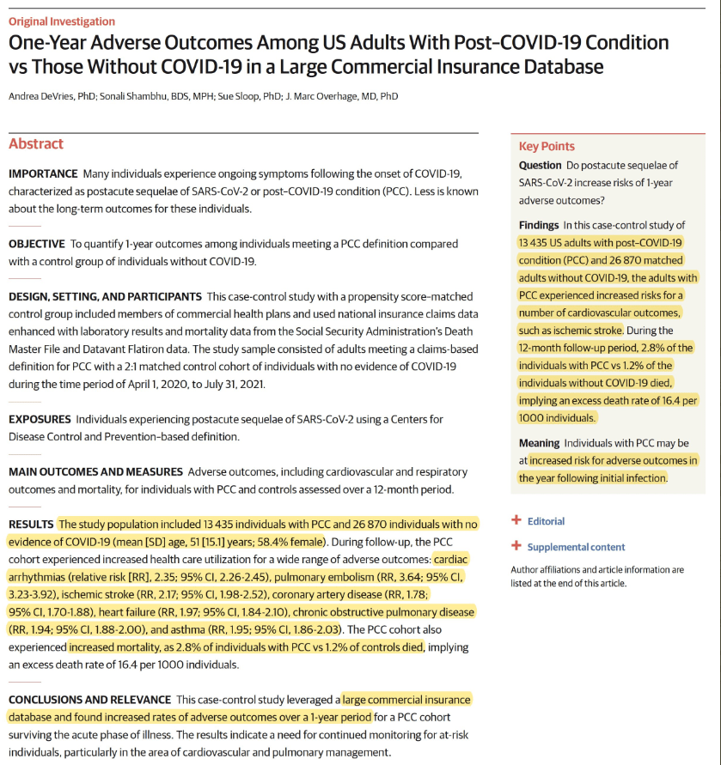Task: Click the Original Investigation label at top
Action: (x=61, y=21)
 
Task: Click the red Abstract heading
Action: (x=35, y=144)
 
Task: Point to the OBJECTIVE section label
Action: (x=36, y=245)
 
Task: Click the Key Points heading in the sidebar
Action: (x=547, y=147)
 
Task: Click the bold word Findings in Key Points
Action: (x=540, y=225)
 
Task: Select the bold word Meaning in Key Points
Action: (x=539, y=443)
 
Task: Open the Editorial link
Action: (x=546, y=521)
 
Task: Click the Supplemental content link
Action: (x=576, y=547)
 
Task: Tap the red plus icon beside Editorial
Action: (x=516, y=520)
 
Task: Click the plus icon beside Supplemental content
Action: (x=516, y=546)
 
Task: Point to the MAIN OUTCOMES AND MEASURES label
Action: (x=95, y=472)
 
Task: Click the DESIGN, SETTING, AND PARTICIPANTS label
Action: (x=105, y=297)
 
